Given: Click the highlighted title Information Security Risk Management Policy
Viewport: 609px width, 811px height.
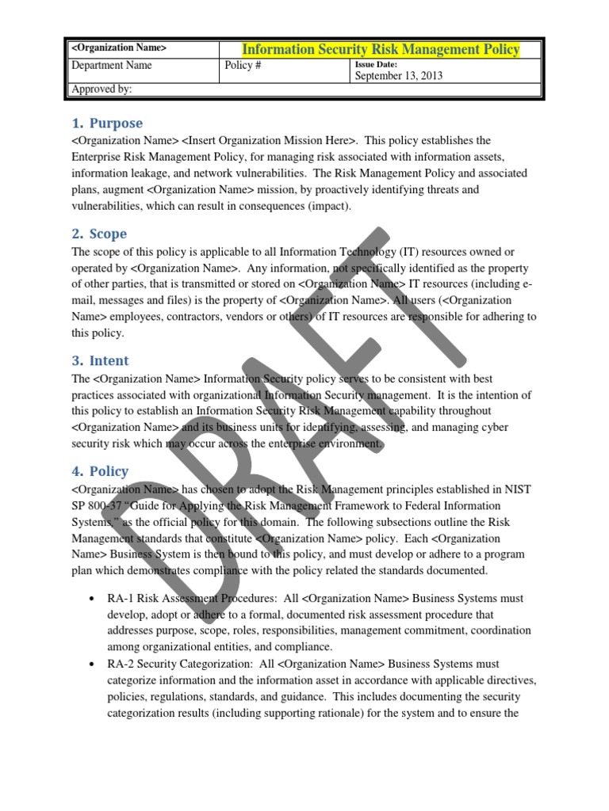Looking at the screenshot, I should click(x=381, y=50).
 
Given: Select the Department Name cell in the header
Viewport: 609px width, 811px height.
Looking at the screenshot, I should click(x=112, y=67).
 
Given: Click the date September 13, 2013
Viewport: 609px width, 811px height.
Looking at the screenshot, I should click(x=398, y=76).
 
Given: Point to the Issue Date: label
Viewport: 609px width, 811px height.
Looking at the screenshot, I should click(x=376, y=65).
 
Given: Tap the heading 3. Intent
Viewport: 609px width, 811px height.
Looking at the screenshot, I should click(x=101, y=361).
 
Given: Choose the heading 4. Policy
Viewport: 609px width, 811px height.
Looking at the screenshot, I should click(x=100, y=471).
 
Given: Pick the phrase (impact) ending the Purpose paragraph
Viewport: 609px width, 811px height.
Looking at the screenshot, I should click(x=331, y=206).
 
